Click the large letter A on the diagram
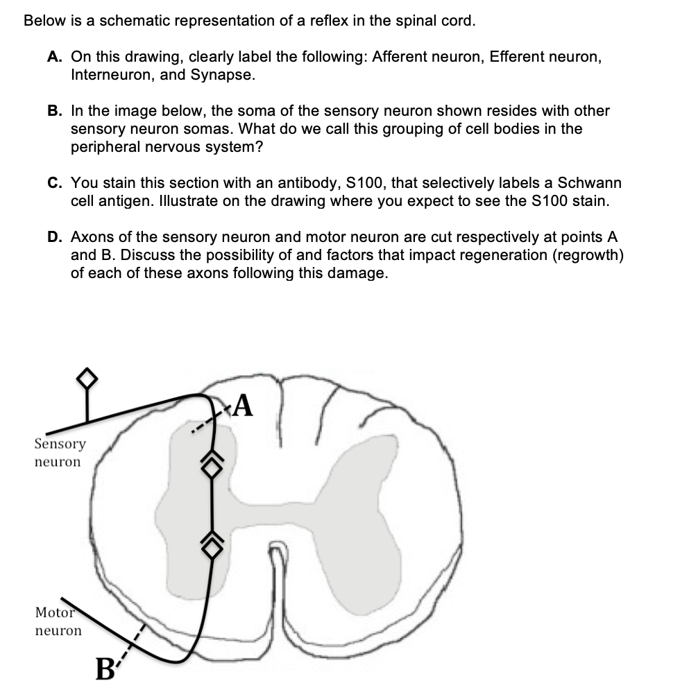point(242,406)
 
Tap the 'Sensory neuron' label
point(60,452)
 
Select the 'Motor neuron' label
point(58,621)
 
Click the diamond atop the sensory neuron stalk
point(86,377)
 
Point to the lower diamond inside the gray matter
point(210,540)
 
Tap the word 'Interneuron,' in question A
point(112,75)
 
